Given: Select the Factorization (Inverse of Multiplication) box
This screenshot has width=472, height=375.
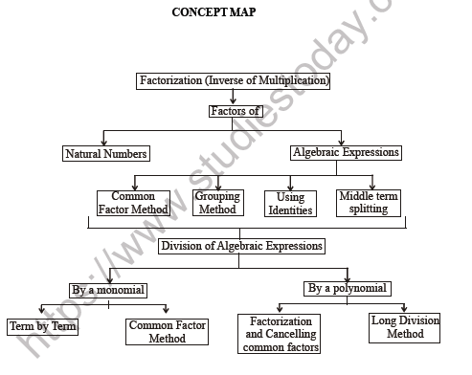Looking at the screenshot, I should click(x=234, y=81).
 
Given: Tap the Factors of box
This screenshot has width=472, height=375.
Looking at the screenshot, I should click(x=235, y=111).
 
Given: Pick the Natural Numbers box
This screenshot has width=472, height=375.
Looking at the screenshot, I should click(x=107, y=153).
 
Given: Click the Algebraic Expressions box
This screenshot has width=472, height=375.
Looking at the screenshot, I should click(x=346, y=152).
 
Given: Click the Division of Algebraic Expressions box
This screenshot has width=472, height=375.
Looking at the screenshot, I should click(x=241, y=247).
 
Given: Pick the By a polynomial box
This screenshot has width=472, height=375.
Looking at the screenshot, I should click(x=347, y=288).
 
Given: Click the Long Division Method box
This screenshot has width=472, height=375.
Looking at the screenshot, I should click(x=405, y=328).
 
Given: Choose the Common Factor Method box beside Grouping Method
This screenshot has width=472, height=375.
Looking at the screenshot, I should click(x=133, y=203).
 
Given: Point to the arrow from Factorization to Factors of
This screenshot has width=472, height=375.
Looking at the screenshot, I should click(x=234, y=97).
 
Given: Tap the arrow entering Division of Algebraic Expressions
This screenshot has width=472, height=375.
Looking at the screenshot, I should click(x=240, y=232).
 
